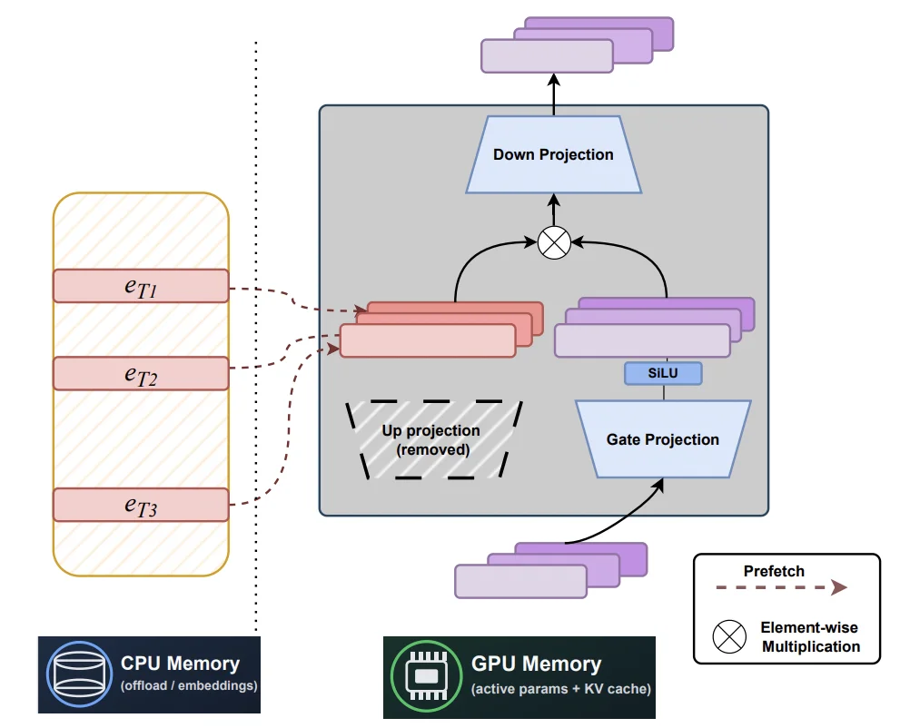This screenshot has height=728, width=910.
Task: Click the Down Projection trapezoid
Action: tap(553, 154)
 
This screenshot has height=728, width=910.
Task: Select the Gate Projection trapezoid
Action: tap(663, 439)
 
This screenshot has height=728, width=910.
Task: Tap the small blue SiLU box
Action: tap(664, 372)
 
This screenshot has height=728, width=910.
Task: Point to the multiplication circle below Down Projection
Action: tap(553, 242)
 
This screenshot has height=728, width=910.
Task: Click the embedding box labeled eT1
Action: tap(141, 286)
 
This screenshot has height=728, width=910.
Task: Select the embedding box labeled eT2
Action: tap(141, 373)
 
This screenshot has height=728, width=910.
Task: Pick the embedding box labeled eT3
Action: tap(141, 505)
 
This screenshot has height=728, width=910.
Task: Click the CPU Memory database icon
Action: tap(75, 674)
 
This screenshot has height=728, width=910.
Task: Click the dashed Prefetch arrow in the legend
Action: tap(780, 588)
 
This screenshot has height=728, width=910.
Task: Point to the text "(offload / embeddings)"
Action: tap(189, 686)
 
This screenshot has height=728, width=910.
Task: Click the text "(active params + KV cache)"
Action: tap(560, 689)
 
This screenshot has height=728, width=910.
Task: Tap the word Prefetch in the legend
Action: tap(774, 571)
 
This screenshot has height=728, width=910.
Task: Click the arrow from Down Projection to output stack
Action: tap(553, 95)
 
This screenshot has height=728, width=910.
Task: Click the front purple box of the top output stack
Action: tap(547, 58)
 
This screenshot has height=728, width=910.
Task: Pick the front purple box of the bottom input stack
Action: tap(521, 581)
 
